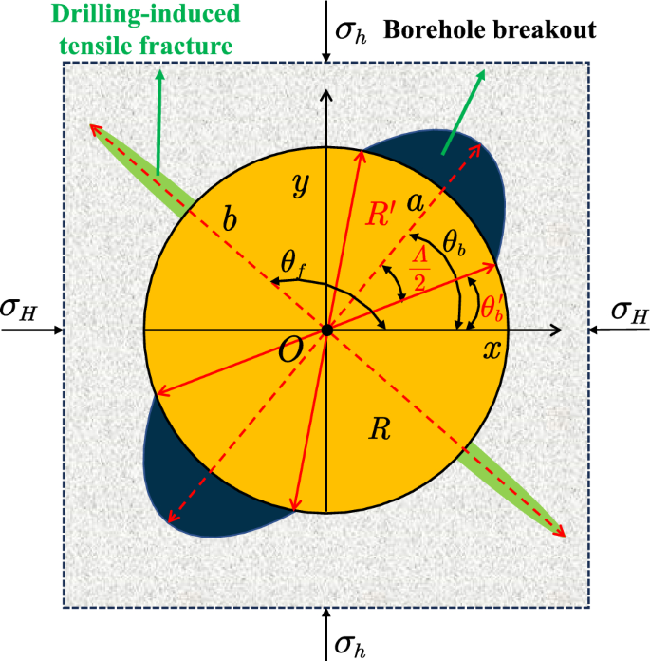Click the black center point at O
click(x=326, y=330)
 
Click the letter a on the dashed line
click(x=414, y=202)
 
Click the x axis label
click(x=492, y=349)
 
